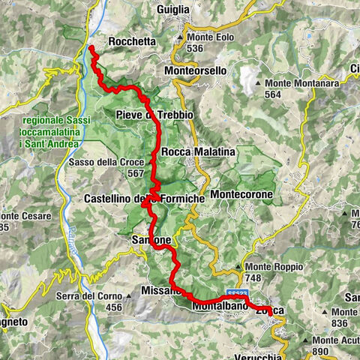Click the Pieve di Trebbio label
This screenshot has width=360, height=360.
(x=155, y=114)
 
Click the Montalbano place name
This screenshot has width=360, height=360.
(x=220, y=307)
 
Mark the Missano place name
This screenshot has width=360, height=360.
(x=161, y=289)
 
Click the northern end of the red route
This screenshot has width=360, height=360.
(x=91, y=49)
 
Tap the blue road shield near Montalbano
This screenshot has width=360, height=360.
(x=235, y=294)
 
